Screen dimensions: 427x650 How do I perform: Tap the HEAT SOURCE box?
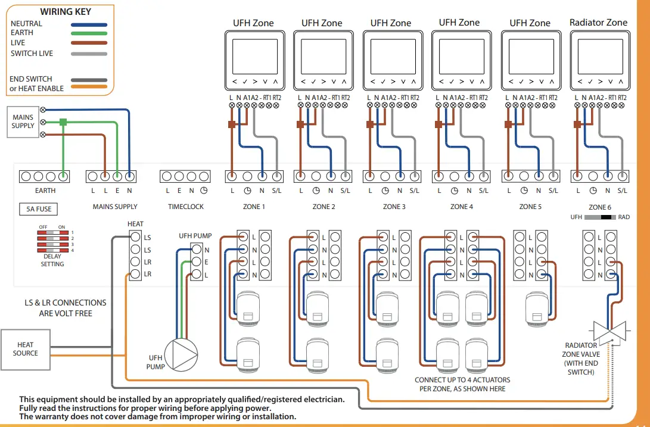click(25, 349)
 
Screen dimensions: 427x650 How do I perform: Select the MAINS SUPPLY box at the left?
click(23, 122)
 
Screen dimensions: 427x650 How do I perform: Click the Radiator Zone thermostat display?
click(599, 57)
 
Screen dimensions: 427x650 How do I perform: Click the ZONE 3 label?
click(394, 207)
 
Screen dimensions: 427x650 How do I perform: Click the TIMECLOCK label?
click(185, 207)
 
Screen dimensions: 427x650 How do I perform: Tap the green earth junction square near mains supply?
click(63, 122)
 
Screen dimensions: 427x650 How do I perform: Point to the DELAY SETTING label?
click(52, 260)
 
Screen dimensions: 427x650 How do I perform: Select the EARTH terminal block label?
click(45, 191)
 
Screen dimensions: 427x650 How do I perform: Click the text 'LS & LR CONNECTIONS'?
click(66, 303)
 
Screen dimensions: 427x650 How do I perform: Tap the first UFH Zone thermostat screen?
click(253, 57)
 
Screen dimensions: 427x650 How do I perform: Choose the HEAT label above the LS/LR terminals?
click(135, 224)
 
